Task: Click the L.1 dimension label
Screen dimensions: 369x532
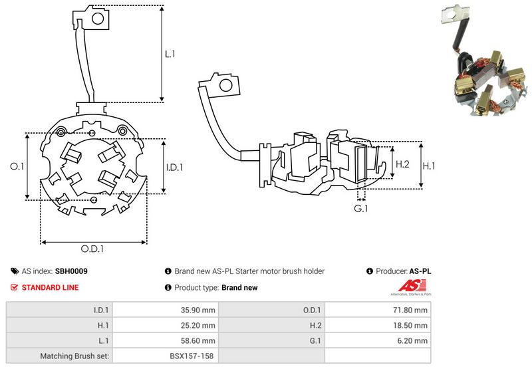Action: pyautogui.click(x=170, y=55)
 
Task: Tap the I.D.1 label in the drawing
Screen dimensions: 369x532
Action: pyautogui.click(x=174, y=168)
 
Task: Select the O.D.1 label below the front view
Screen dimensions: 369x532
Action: pyautogui.click(x=94, y=249)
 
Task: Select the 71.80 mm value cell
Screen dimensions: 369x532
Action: pyautogui.click(x=410, y=310)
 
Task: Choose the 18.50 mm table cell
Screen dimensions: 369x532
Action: pyautogui.click(x=410, y=325)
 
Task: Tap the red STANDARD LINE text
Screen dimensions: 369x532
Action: pyautogui.click(x=50, y=288)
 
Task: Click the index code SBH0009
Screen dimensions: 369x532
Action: pyautogui.click(x=71, y=271)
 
